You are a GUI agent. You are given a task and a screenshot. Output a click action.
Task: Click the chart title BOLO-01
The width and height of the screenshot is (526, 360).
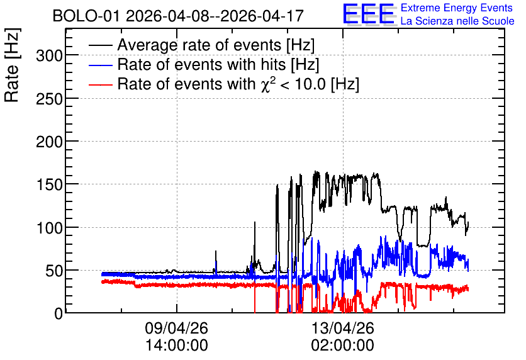pos(86,16)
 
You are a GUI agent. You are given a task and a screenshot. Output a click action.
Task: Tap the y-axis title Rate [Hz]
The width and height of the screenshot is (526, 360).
pos(13,65)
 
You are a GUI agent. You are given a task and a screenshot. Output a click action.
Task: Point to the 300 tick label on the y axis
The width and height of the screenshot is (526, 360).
pos(49,55)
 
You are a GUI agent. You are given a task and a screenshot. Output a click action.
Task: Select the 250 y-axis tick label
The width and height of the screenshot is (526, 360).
pos(49,99)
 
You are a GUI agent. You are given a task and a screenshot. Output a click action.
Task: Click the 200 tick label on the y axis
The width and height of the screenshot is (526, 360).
pos(49,142)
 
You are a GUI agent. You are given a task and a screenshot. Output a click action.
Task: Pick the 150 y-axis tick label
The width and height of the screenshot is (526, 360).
pos(49,185)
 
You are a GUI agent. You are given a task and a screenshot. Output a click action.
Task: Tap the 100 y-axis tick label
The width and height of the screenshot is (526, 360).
pos(49,228)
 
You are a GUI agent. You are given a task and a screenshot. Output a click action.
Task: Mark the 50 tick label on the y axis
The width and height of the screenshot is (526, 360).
pos(54,271)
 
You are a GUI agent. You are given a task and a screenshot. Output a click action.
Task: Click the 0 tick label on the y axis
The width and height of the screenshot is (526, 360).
pos(59,314)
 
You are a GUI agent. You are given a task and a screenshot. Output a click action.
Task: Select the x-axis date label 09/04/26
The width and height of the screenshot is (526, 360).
pos(176,328)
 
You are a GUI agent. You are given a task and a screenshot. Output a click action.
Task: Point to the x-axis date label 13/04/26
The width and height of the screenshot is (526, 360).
pos(343,328)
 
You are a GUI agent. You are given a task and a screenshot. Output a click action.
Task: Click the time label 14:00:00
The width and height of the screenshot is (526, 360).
pos(176,346)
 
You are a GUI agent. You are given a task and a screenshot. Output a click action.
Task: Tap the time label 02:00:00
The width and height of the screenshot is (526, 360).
pos(343,346)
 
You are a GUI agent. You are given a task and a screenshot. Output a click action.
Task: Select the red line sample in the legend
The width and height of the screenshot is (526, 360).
pos(100,85)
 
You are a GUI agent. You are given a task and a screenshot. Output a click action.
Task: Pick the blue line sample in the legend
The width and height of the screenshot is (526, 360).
pos(100,65)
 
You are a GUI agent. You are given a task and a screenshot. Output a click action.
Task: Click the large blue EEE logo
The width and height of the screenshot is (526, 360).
pos(369,14)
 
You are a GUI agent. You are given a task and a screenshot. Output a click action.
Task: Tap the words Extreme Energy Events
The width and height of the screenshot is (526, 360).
pos(457,8)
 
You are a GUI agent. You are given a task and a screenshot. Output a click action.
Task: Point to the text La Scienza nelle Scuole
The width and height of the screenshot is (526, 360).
pos(457,21)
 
